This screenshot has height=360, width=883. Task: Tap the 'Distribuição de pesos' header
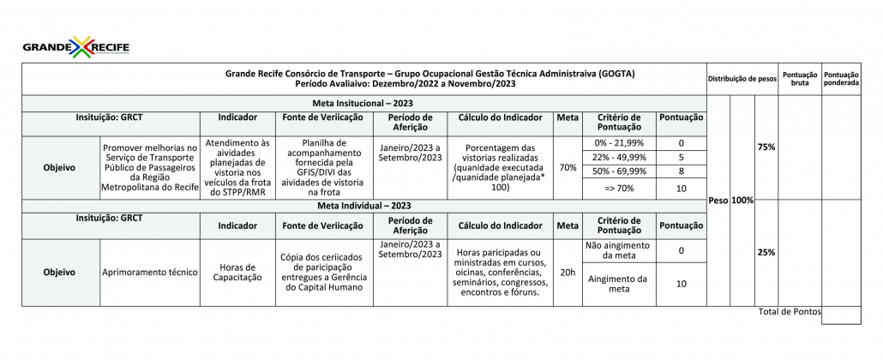click(742, 79)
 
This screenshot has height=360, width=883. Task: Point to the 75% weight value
click(766, 147)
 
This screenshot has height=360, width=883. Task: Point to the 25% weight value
click(766, 252)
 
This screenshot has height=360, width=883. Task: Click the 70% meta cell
click(567, 167)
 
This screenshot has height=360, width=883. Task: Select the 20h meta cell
click(567, 272)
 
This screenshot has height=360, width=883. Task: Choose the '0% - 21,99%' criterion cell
click(618, 142)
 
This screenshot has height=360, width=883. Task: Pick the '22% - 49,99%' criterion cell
click(618, 158)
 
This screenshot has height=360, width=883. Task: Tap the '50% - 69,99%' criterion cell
click(618, 172)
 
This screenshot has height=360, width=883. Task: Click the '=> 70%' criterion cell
click(618, 188)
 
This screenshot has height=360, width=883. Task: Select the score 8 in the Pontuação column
click(681, 172)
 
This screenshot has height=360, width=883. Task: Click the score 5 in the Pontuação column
click(681, 158)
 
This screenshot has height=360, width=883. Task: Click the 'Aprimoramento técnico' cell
click(150, 272)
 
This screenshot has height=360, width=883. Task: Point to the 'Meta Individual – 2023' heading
click(363, 206)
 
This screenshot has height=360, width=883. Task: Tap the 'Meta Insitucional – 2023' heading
click(363, 102)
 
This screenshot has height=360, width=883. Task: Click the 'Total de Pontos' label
click(789, 311)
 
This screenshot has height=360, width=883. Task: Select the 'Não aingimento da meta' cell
click(618, 250)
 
